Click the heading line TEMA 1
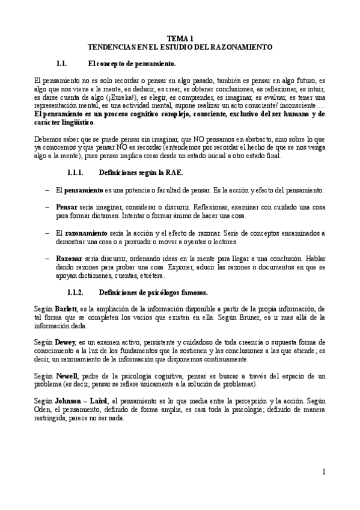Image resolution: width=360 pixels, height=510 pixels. click(x=180, y=37)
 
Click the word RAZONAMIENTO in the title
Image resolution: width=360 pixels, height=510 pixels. click(x=243, y=46)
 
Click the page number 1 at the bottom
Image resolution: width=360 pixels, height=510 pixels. click(x=323, y=472)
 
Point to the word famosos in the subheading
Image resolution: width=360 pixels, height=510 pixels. click(x=192, y=293)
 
